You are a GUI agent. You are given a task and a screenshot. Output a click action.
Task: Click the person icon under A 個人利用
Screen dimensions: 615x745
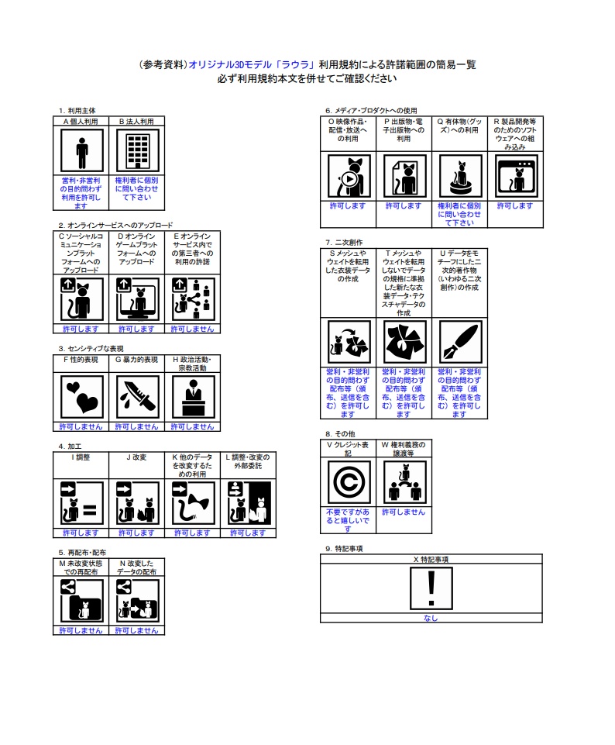[x=81, y=151]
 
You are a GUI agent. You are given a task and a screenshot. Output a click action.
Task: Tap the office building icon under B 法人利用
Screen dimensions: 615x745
[x=138, y=151]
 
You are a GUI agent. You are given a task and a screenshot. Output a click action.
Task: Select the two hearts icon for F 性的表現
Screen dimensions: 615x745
[x=81, y=397]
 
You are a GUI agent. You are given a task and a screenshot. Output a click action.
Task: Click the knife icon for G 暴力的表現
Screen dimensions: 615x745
[x=138, y=397]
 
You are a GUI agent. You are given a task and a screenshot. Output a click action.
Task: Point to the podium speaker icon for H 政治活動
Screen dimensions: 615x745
[x=193, y=397]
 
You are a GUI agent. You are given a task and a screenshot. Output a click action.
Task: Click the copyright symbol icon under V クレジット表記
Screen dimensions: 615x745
[x=349, y=482]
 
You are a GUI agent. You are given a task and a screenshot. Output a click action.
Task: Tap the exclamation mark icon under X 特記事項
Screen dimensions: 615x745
[x=431, y=588]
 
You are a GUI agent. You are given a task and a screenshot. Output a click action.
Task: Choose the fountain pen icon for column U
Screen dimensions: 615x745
[x=460, y=342]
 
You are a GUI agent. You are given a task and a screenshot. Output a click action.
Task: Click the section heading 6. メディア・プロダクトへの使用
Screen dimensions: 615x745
[x=371, y=111]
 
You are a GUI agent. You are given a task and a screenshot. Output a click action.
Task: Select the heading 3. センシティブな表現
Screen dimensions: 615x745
[x=91, y=349]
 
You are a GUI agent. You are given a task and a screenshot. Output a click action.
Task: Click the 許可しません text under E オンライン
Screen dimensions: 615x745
[x=192, y=329]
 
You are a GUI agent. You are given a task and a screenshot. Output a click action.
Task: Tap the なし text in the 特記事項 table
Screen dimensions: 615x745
[x=431, y=618]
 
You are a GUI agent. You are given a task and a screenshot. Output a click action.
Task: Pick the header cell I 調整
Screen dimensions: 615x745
[x=81, y=457]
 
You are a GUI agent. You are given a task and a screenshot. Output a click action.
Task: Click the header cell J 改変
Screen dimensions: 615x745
[x=136, y=457]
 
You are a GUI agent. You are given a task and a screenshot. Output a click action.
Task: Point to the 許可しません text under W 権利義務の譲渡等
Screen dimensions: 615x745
[x=404, y=512]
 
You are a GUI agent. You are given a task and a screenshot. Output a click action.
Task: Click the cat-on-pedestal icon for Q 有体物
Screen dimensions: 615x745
[x=460, y=176]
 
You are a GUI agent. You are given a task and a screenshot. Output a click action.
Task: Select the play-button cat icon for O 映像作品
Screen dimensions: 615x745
[x=349, y=176]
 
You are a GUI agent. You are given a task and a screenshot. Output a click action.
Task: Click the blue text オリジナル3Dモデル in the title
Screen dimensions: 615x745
[x=230, y=64]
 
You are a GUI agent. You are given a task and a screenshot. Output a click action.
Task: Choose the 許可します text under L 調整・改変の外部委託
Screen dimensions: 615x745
[x=248, y=533]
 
